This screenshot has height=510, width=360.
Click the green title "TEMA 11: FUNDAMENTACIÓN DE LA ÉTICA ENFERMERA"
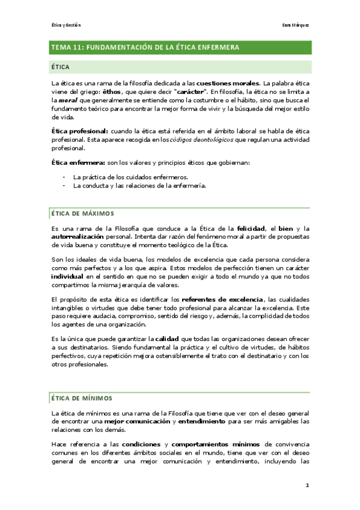pos(145,47)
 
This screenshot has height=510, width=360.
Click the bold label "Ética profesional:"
pos(80,131)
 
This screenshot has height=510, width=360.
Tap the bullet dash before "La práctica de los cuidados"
pos(64,177)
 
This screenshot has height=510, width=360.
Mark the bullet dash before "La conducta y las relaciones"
pos(64,186)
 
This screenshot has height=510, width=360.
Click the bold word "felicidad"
pos(251,229)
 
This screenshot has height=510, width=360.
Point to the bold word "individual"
pos(67,276)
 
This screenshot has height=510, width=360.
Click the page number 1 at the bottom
pos(307,485)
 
